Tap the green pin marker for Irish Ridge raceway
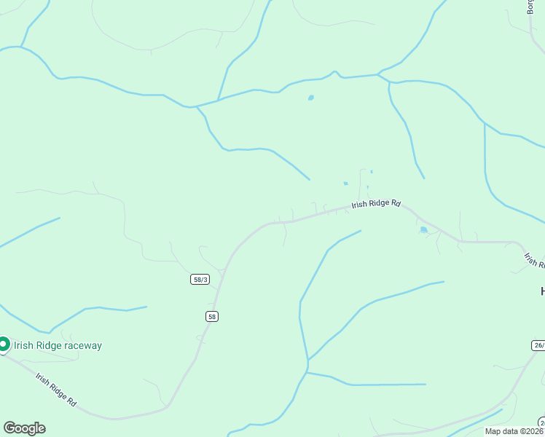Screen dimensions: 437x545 [4, 344]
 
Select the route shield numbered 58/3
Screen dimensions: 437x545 [200, 279]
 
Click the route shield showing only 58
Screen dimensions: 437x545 [211, 316]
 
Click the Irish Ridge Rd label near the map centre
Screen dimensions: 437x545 [376, 205]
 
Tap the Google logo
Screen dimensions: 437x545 [24, 428]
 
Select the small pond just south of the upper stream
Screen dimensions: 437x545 [311, 98]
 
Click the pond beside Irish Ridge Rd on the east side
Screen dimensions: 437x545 [424, 230]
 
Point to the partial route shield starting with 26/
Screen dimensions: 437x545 [538, 345]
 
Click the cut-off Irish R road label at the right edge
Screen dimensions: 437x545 [533, 260]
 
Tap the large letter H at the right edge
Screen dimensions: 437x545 [542, 291]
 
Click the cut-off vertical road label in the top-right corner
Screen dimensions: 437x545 [530, 7]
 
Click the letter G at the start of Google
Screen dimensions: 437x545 [9, 428]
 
